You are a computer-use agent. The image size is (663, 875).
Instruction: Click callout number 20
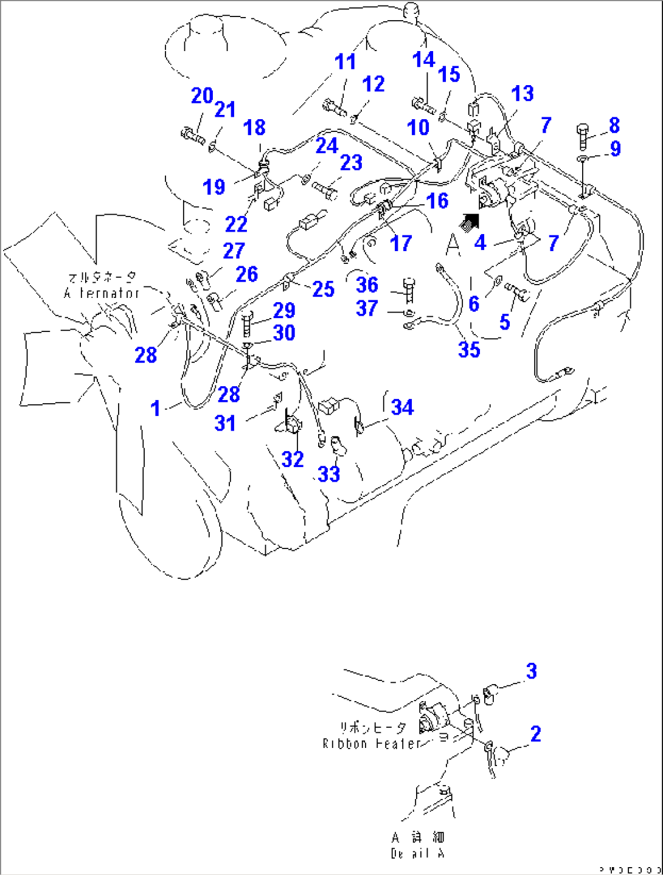202,96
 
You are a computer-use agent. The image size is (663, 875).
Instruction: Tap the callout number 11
345,62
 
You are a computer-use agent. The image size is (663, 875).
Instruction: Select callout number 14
423,60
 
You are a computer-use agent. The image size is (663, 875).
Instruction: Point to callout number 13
522,94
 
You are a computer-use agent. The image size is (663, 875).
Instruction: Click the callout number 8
614,125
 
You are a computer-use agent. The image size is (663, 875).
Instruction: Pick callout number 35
469,350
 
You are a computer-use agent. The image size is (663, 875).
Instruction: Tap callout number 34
402,407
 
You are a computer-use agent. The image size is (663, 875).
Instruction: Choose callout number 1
156,409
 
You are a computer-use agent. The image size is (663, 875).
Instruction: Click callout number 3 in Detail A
531,671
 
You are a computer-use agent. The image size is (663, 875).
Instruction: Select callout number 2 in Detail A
535,734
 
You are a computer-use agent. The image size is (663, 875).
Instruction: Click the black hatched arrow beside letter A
469,221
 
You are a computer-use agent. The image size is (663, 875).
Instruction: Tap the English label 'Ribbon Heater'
372,744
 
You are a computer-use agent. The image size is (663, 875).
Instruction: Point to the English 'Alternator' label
102,293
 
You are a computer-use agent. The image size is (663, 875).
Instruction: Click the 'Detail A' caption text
417,853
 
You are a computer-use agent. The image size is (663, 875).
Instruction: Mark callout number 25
323,289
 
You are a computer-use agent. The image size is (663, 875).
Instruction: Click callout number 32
292,459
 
